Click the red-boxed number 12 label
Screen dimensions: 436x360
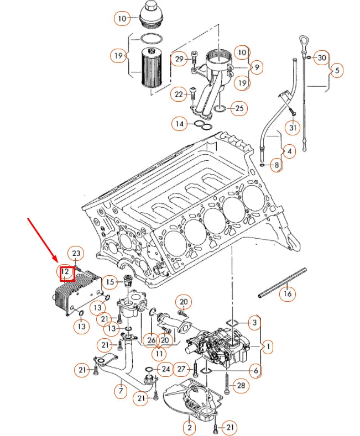click(66, 272)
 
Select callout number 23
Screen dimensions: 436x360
click(77, 254)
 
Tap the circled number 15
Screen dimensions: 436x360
click(110, 282)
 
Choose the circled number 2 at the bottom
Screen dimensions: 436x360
click(189, 426)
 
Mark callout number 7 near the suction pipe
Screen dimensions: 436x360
click(121, 391)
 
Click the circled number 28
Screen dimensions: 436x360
click(241, 385)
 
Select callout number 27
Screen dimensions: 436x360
click(180, 368)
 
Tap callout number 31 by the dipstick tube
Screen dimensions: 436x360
click(293, 128)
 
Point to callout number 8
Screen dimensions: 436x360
click(275, 165)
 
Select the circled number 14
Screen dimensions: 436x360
click(179, 124)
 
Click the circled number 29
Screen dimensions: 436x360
click(179, 60)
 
